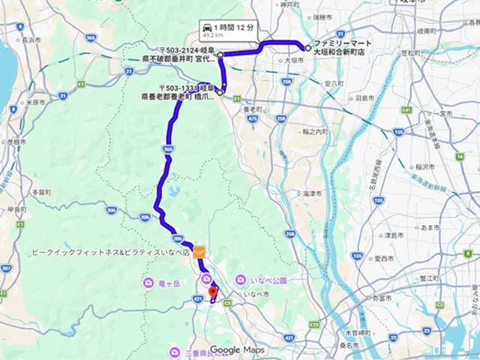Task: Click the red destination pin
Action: pos(212,292)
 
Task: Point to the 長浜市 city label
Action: pos(30,40)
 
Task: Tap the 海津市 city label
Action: pos(312,193)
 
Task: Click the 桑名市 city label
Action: pos(348,346)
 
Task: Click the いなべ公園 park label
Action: pos(265,280)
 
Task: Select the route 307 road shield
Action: pos(5,268)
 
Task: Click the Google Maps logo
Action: pos(237,350)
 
